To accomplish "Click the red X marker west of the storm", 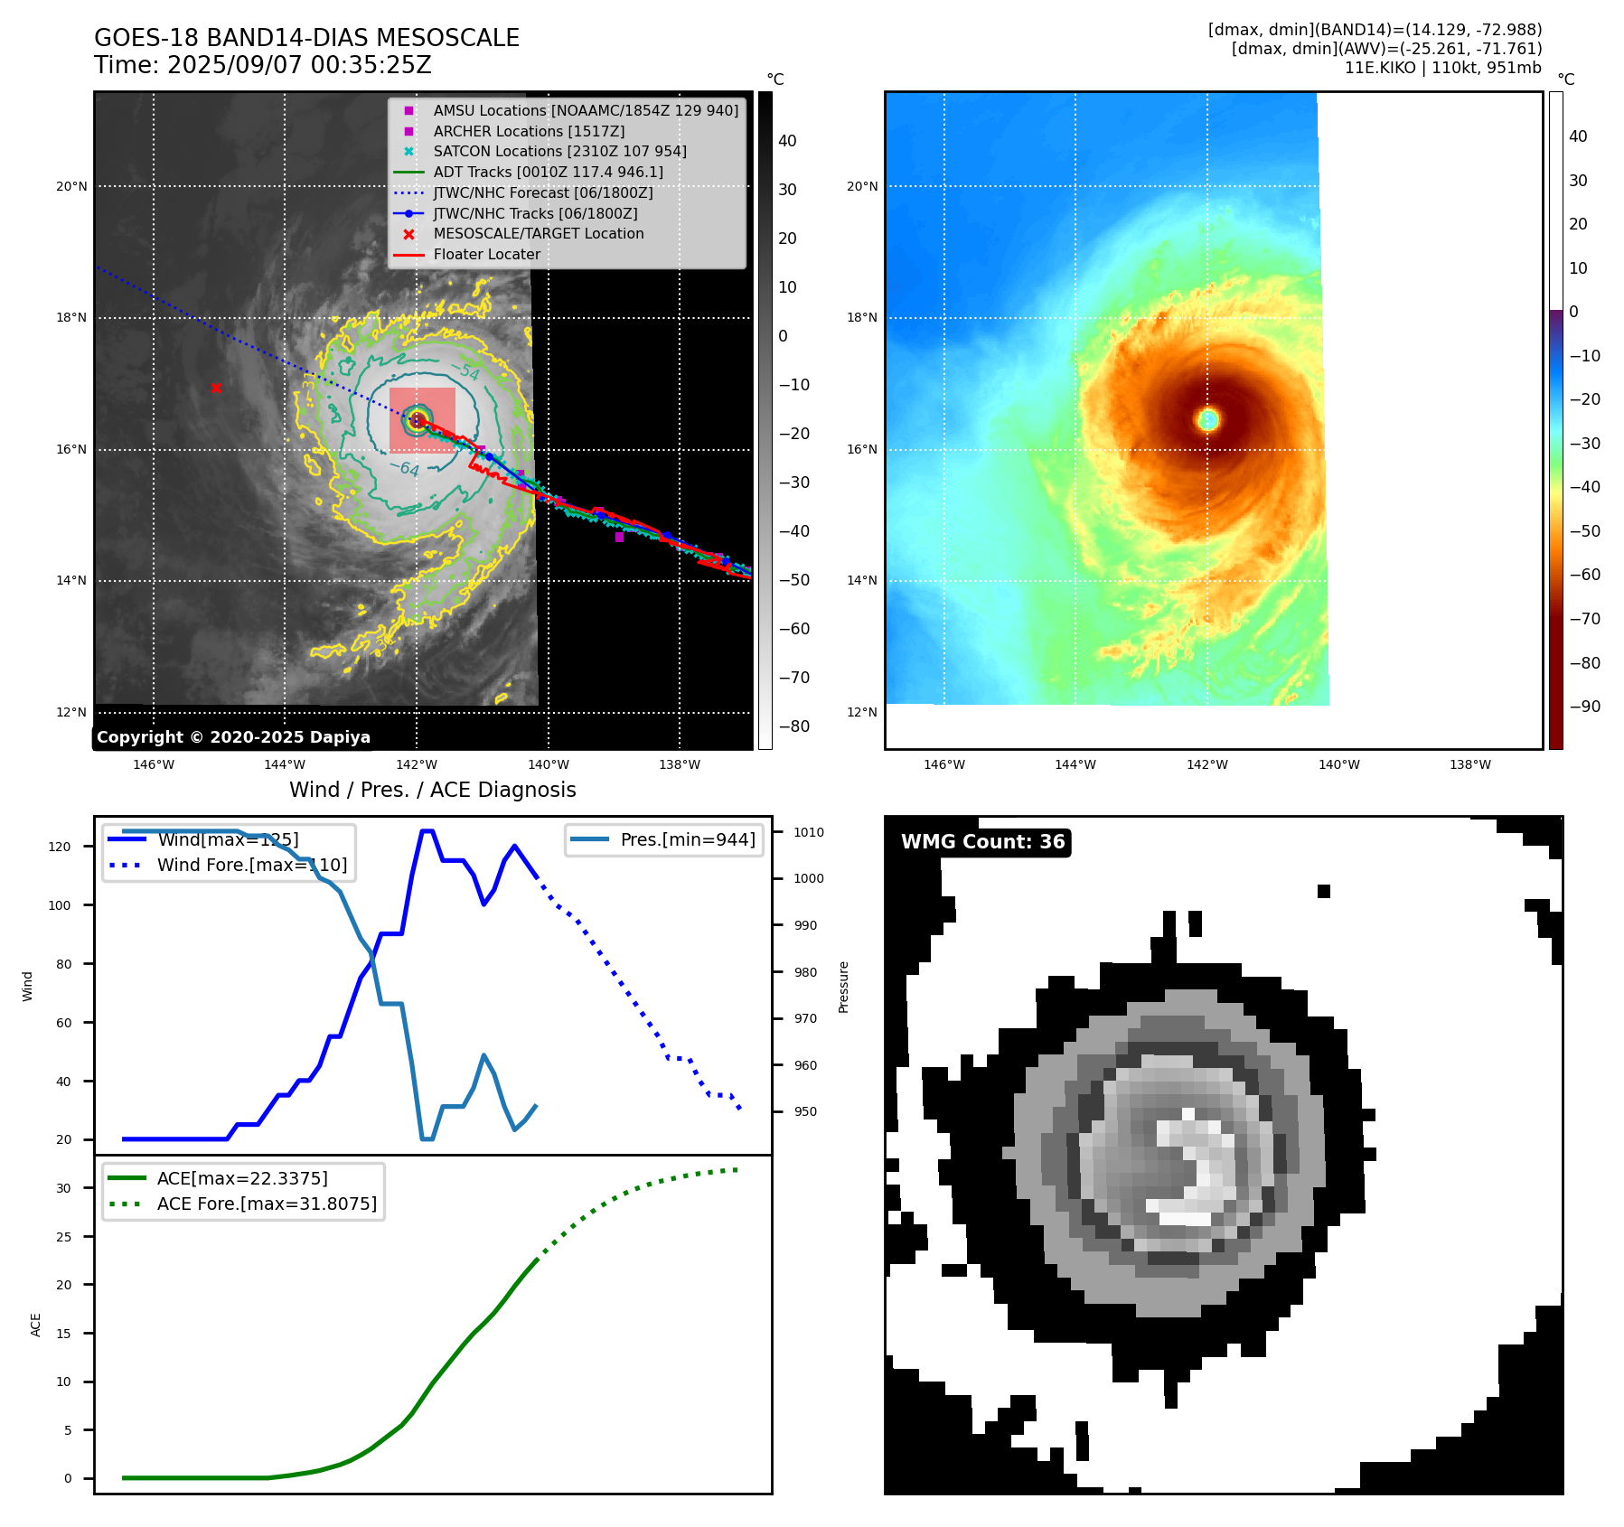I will pyautogui.click(x=216, y=388).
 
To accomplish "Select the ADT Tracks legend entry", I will pyautogui.click(x=548, y=172).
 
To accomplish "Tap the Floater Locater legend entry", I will pyautogui.click(x=486, y=254).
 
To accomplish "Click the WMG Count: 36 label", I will pyautogui.click(x=982, y=842).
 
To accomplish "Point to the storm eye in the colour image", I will pyautogui.click(x=1208, y=419).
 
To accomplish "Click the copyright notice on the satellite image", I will pyautogui.click(x=233, y=737).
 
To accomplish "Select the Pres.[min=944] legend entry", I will pyautogui.click(x=687, y=839).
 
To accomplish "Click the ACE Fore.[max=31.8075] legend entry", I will pyautogui.click(x=267, y=1204).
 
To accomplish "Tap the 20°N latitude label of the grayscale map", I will pyautogui.click(x=72, y=187).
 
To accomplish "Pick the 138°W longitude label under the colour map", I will pyautogui.click(x=1470, y=764).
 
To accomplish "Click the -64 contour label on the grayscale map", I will pyautogui.click(x=409, y=469).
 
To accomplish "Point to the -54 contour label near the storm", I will pyautogui.click(x=469, y=371).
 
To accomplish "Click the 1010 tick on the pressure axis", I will pyautogui.click(x=809, y=832).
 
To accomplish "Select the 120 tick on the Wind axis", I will pyautogui.click(x=60, y=847).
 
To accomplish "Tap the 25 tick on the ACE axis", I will pyautogui.click(x=63, y=1237).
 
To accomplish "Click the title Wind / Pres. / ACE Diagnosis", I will pyautogui.click(x=432, y=790).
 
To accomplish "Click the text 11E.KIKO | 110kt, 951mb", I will pyautogui.click(x=1442, y=68).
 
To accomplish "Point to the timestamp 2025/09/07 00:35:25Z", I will pyautogui.click(x=299, y=65).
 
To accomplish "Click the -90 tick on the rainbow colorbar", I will pyautogui.click(x=1584, y=707).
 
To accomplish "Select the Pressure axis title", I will pyautogui.click(x=843, y=987).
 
